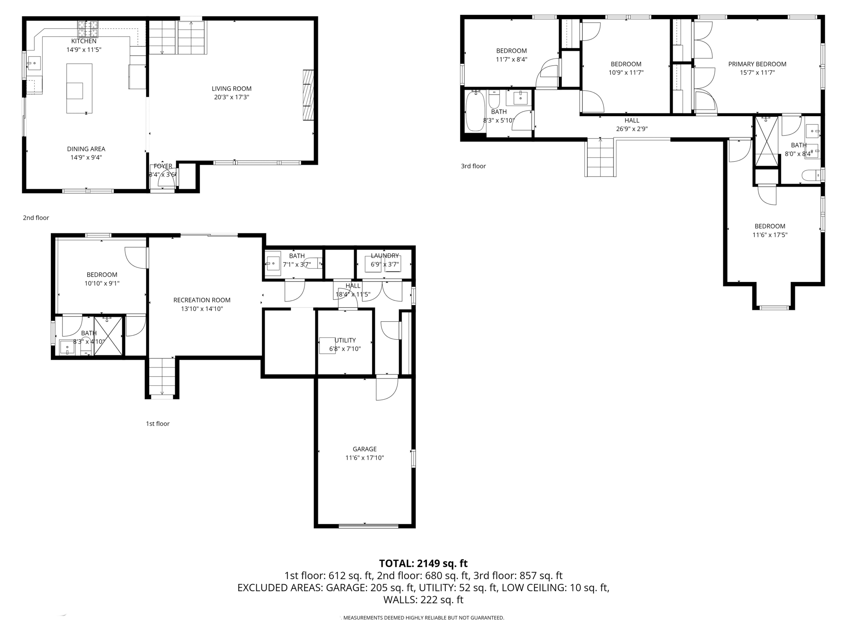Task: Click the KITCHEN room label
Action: [84, 41]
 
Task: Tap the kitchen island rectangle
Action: [79, 88]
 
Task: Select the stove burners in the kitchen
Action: [88, 29]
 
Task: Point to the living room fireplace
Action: [308, 95]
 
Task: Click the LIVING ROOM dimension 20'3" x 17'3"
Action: [231, 97]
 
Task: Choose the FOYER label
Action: [163, 166]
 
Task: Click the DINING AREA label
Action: [86, 149]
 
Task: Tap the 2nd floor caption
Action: [36, 217]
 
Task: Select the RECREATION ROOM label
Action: [202, 300]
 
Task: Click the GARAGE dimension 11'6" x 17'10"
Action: [364, 458]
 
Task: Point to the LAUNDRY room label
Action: [385, 256]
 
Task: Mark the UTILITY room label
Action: [345, 340]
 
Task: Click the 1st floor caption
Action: [158, 423]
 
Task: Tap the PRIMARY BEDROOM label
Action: [757, 64]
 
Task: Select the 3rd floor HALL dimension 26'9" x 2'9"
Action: [632, 129]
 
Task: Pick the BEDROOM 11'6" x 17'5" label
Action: [770, 226]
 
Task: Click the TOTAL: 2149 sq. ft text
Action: [423, 563]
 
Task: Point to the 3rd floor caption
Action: [473, 166]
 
